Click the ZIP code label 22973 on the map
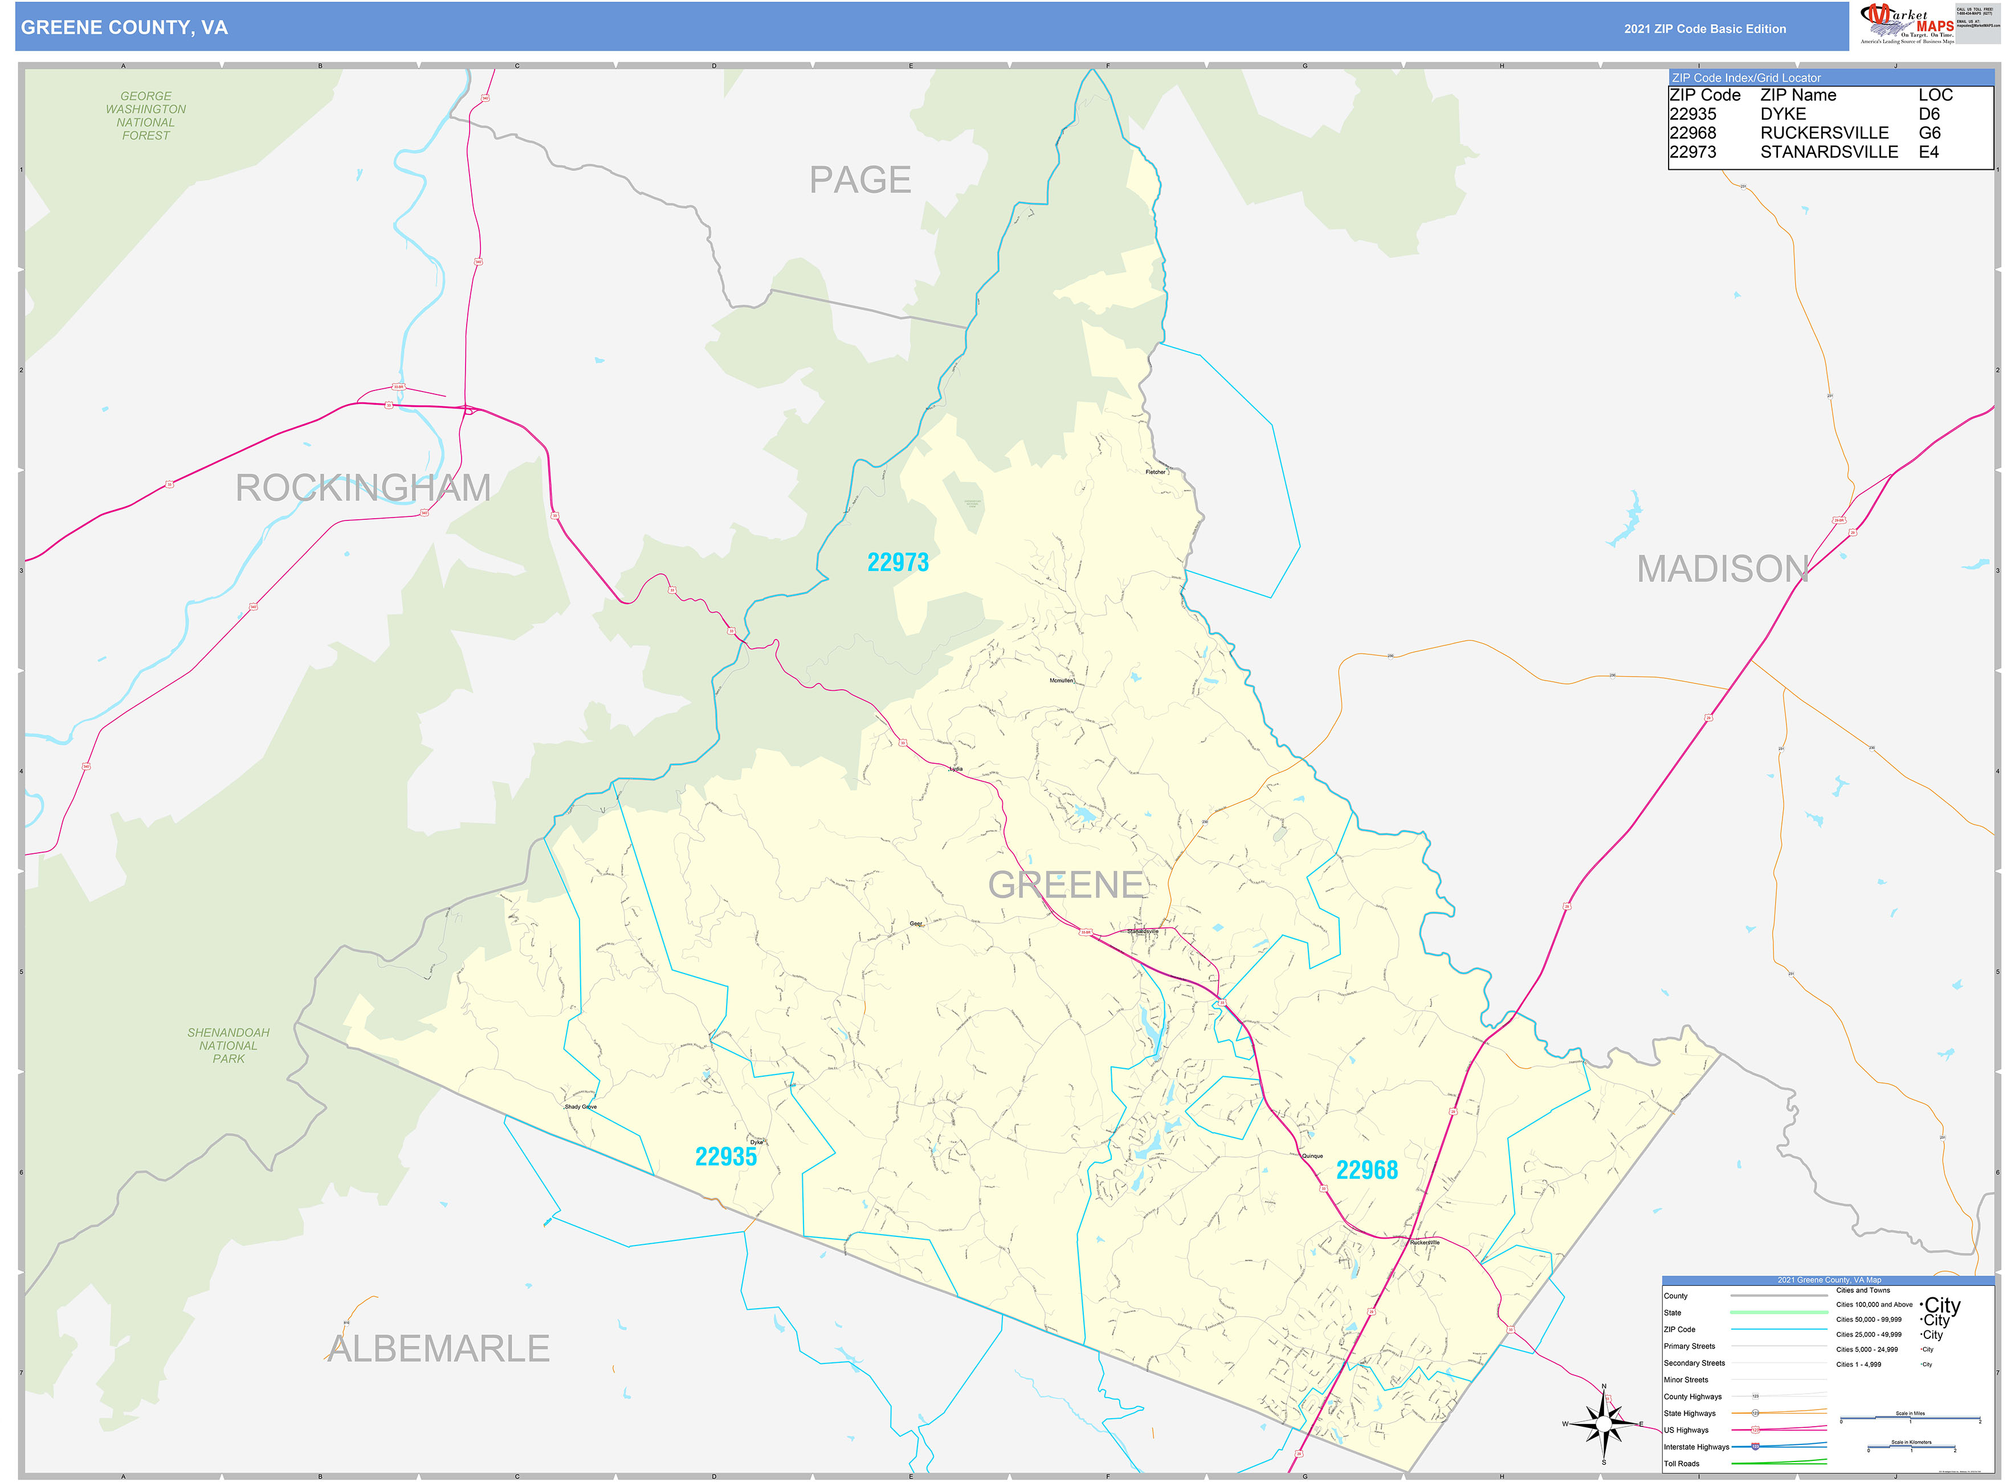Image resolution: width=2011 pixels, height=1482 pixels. click(897, 563)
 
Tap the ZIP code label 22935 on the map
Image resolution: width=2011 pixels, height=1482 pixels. click(725, 1157)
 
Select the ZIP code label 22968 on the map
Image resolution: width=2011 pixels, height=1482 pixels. click(1366, 1170)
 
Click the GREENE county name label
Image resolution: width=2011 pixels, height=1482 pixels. click(1066, 885)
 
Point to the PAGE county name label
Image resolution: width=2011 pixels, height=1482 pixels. click(859, 180)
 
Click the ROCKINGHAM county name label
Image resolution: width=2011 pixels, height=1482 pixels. click(362, 488)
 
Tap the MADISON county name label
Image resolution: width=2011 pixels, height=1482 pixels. click(1722, 569)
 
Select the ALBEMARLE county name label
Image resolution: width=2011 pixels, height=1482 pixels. click(438, 1348)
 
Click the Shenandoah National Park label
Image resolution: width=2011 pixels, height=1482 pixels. click(228, 1046)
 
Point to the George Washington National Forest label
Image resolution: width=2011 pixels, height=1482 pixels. click(145, 116)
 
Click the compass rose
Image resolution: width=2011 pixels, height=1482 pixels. click(1604, 1424)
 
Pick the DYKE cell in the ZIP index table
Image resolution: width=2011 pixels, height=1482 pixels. click(1783, 114)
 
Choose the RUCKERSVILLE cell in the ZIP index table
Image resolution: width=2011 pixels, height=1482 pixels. click(1824, 133)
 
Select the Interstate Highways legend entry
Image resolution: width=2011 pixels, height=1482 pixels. click(1695, 1447)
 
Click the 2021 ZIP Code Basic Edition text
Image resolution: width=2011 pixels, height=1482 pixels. click(1704, 28)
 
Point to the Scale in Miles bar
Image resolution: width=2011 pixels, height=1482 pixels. click(1910, 1418)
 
